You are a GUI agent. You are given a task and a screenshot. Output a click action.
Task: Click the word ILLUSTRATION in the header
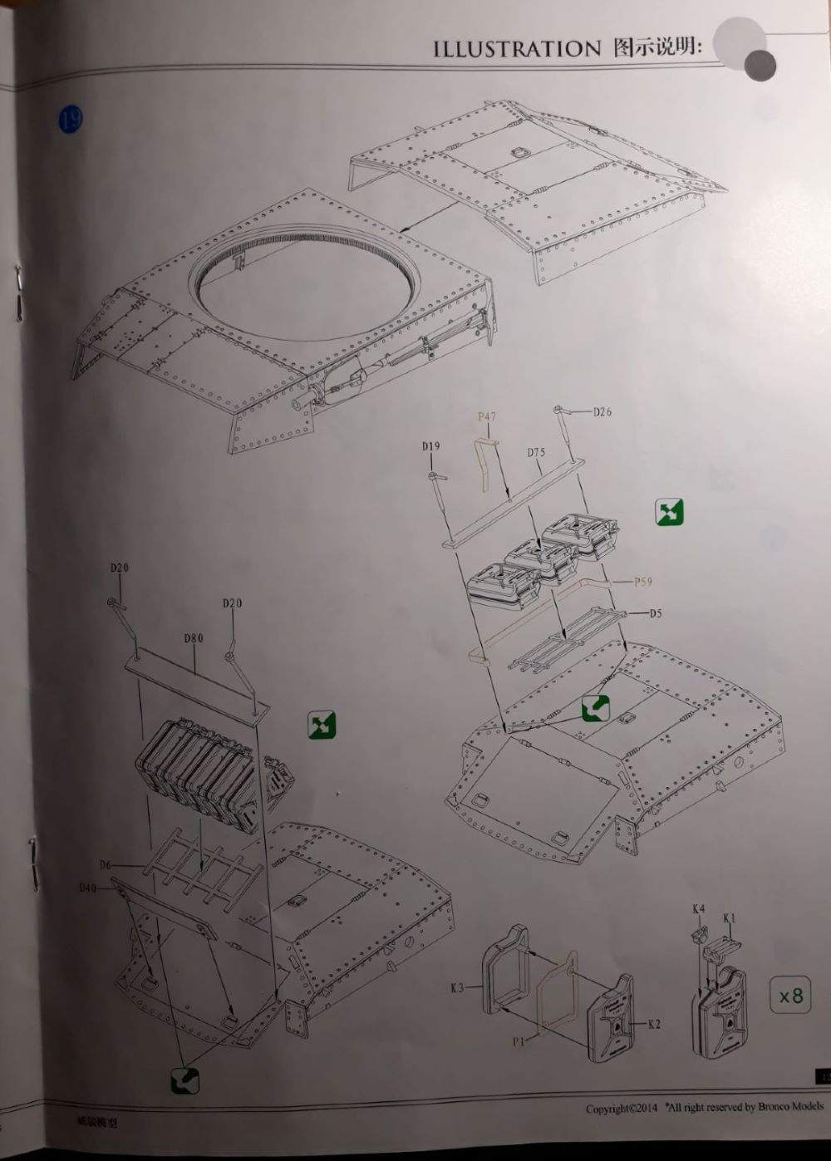tap(516, 49)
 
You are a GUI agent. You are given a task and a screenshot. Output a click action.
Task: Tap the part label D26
tap(602, 411)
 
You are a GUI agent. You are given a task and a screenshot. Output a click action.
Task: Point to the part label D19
tap(430, 446)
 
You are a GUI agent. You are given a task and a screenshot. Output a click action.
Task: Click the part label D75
tap(536, 453)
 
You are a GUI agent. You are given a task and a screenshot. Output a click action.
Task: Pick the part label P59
tap(643, 582)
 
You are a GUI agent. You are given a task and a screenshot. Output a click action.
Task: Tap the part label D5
tap(656, 613)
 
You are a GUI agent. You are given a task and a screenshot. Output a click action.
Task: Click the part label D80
tap(193, 638)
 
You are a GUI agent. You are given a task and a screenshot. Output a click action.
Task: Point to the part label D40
tap(88, 888)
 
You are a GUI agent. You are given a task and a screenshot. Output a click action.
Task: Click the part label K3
tap(457, 988)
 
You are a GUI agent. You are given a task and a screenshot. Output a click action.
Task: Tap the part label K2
tap(653, 1024)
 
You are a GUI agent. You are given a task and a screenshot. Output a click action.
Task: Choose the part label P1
tap(518, 1040)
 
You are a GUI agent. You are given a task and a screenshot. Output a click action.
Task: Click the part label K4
tap(699, 909)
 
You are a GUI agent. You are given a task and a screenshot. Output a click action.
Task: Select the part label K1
tap(730, 917)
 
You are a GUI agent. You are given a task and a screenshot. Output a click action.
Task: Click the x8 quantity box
tap(790, 995)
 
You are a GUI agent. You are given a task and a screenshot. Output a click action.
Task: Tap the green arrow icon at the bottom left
tap(184, 1080)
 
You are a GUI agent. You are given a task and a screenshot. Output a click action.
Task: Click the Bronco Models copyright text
tap(705, 1107)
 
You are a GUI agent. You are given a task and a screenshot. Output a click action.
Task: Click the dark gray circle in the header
tap(760, 64)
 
